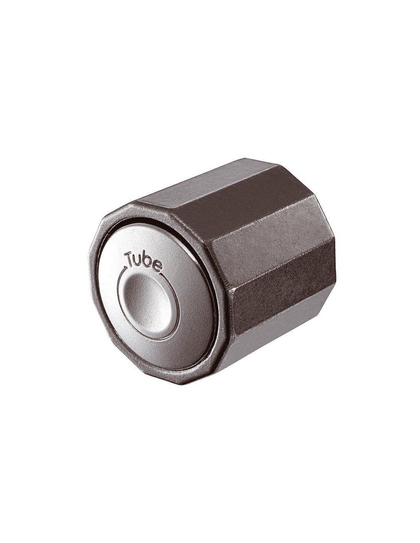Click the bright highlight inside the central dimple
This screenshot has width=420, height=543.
(x=140, y=288)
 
